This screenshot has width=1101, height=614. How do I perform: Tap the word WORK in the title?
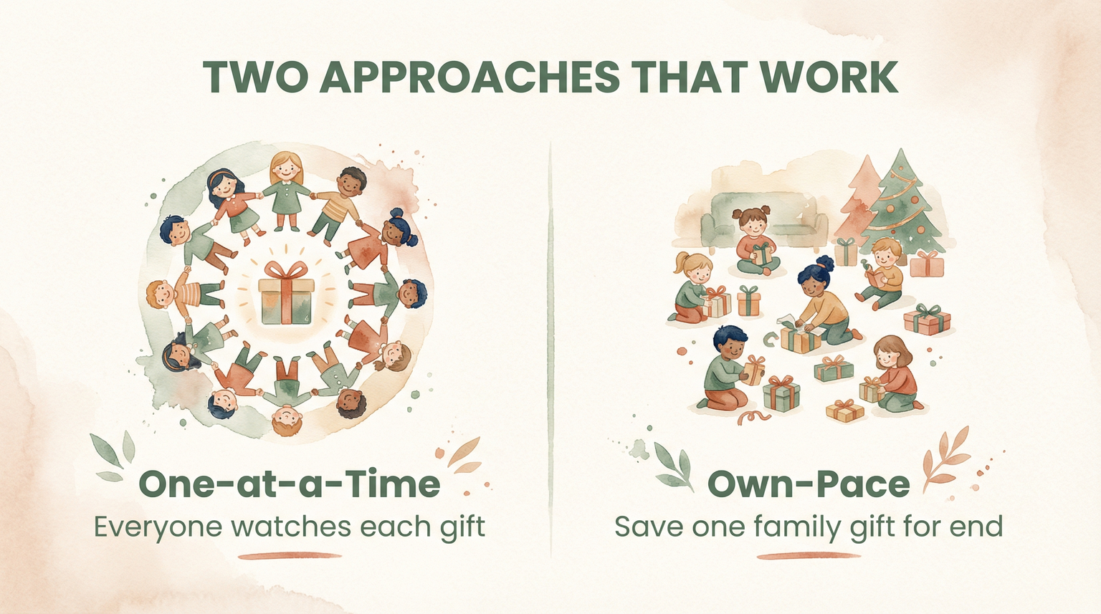[x=830, y=77]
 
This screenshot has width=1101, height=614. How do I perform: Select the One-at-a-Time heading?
[x=289, y=484]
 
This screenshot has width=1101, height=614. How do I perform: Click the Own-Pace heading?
[x=809, y=484]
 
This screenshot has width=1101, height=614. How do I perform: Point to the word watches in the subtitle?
[x=292, y=527]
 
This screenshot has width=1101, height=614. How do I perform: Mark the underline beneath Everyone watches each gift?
[x=290, y=555]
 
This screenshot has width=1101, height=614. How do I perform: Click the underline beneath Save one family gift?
[x=809, y=555]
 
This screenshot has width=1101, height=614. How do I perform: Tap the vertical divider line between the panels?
[x=550, y=344]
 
